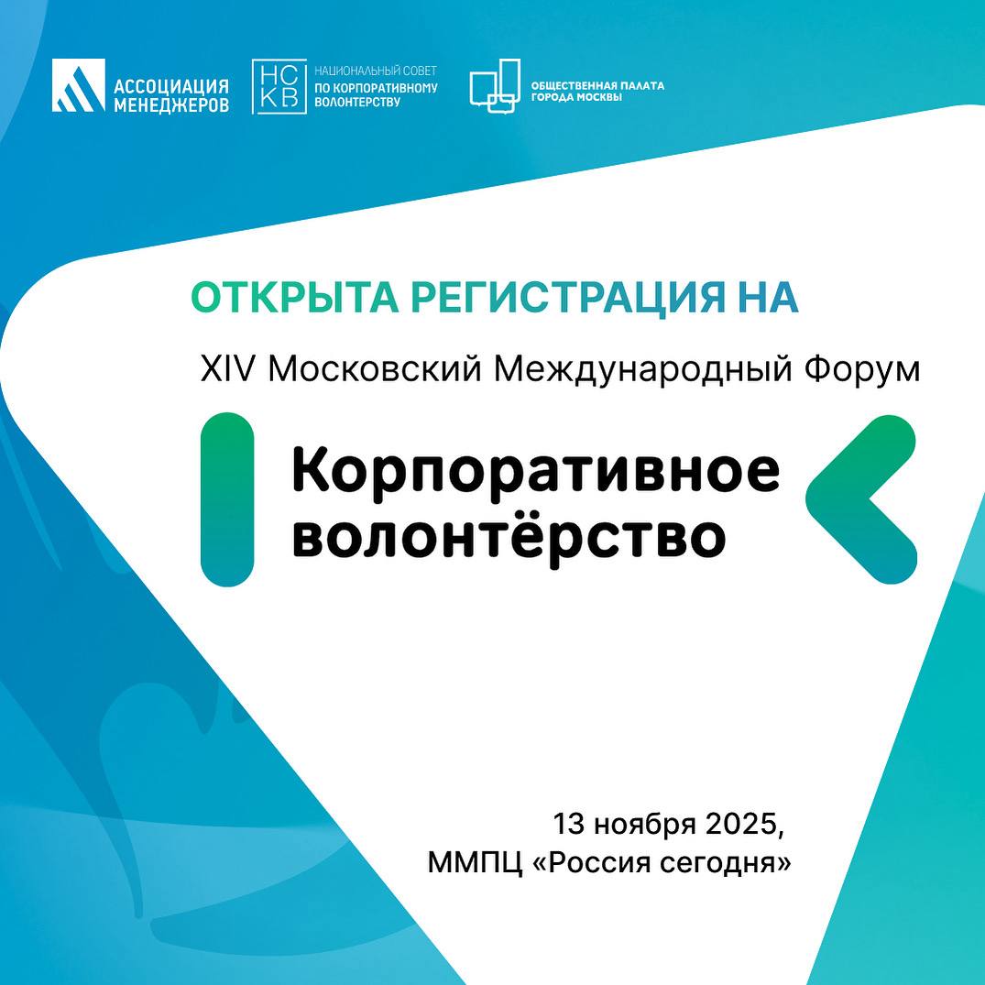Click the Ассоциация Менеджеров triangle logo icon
(79, 85)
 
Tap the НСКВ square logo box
(279, 87)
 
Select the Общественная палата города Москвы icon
(495, 86)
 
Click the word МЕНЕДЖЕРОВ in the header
(171, 104)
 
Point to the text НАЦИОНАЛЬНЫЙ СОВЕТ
(376, 71)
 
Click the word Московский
(376, 368)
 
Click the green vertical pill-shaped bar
(226, 499)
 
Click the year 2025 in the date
(745, 824)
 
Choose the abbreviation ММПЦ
(475, 863)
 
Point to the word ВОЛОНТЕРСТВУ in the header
(356, 102)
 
